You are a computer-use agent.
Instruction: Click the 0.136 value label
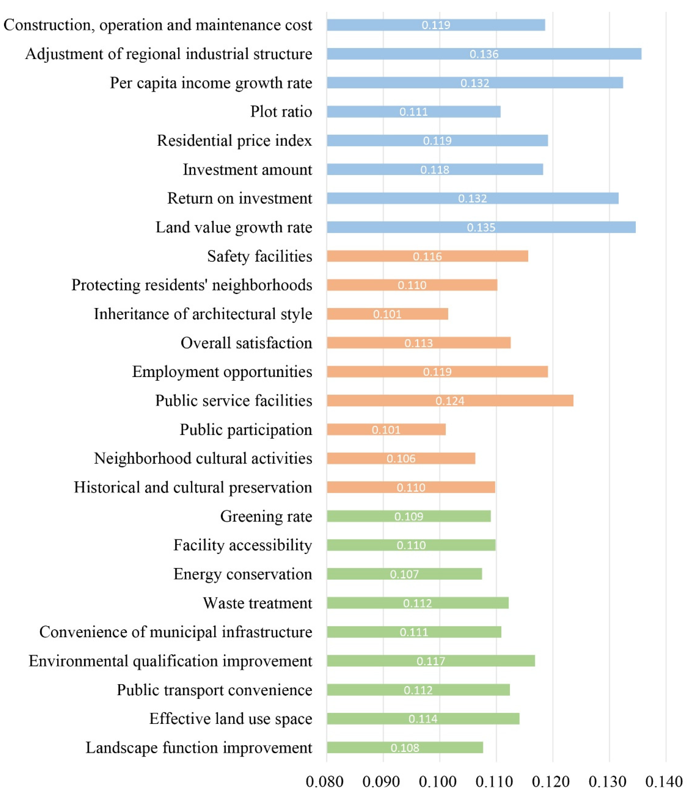[x=484, y=54]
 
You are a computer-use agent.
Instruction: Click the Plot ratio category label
[x=281, y=112]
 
